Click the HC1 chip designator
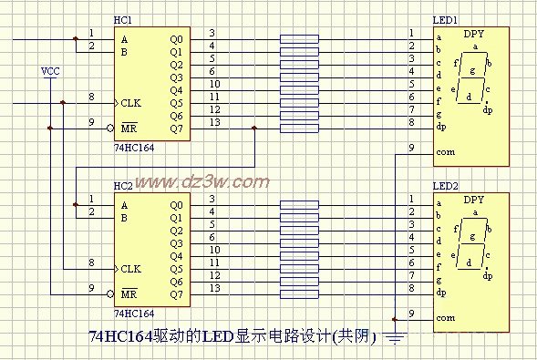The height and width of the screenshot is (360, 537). click(122, 19)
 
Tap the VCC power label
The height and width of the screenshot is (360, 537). click(52, 70)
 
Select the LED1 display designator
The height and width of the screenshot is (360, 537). click(445, 20)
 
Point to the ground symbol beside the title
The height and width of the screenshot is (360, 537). click(395, 340)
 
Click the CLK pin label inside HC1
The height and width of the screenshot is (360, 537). click(131, 103)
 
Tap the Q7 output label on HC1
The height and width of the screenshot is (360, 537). click(176, 129)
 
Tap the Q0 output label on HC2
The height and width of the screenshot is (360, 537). click(176, 205)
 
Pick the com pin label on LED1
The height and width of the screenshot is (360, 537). click(445, 151)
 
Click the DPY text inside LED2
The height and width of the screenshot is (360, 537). click(474, 199)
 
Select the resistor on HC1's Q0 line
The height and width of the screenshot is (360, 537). click(300, 39)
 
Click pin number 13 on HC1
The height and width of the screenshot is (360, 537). click(213, 122)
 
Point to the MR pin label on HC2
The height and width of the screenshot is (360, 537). click(129, 293)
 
